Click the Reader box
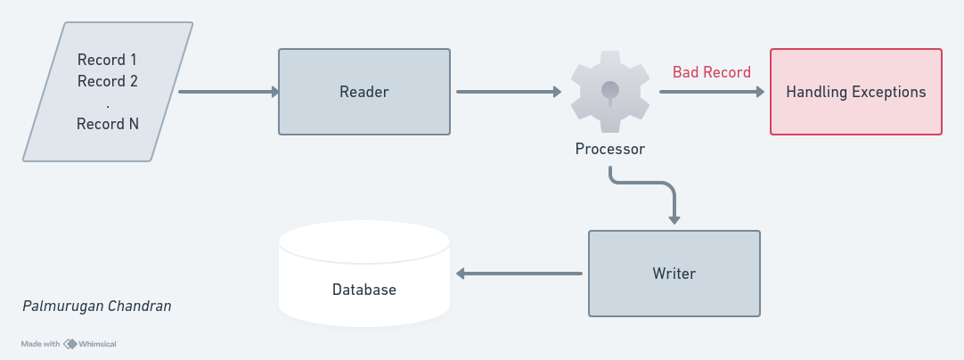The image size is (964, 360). tap(364, 92)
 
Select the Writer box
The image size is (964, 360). tap(674, 274)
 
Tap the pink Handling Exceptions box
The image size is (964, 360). tap(856, 92)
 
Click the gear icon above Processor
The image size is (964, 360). tap(610, 92)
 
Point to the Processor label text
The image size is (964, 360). tap(610, 149)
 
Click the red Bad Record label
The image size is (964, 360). tap(712, 72)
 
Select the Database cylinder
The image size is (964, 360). tap(364, 274)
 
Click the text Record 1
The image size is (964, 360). tap(107, 60)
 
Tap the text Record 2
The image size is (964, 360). tap(108, 81)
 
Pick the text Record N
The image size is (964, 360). tap(108, 125)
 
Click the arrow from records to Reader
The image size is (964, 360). tap(229, 92)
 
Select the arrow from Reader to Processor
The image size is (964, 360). tap(509, 92)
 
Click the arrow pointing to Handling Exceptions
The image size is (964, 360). tap(712, 92)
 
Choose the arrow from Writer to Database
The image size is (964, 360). tap(519, 274)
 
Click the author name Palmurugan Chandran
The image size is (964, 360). tap(96, 306)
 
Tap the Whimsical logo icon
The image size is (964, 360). tap(70, 344)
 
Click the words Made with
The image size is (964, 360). tap(41, 344)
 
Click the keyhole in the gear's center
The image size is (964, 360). tap(610, 93)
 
